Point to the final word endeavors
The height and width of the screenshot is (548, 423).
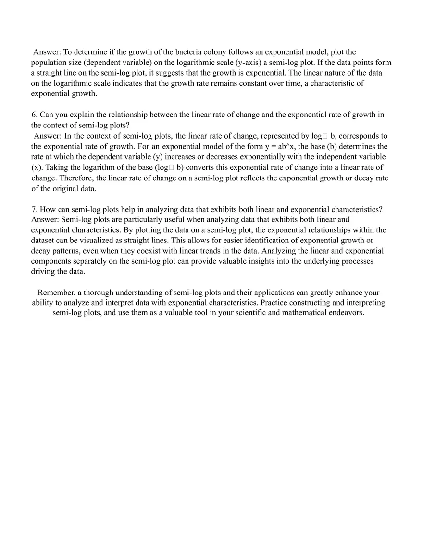(346, 313)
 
